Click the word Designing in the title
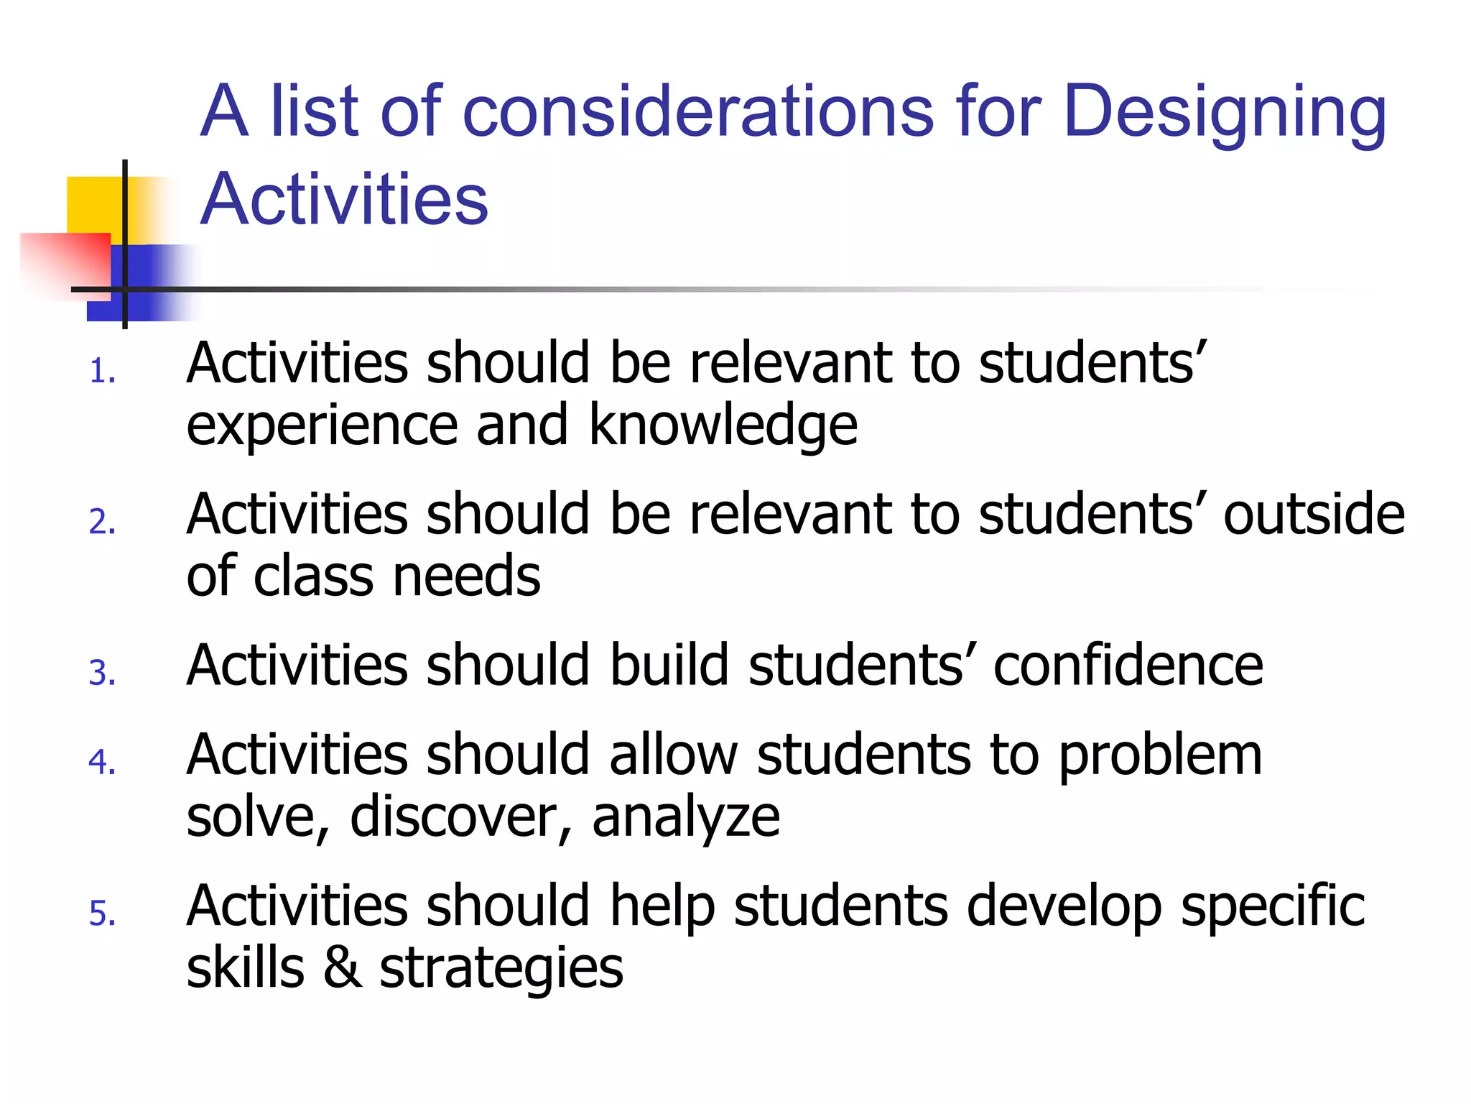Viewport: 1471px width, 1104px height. pyautogui.click(x=1224, y=114)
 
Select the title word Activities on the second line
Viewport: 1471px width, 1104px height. pyautogui.click(x=344, y=199)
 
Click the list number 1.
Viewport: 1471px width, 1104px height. pyautogui.click(x=102, y=372)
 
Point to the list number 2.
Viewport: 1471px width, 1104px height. pyautogui.click(x=102, y=522)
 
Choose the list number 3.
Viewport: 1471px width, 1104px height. pyautogui.click(x=102, y=673)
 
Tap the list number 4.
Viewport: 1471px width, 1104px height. pyautogui.click(x=102, y=762)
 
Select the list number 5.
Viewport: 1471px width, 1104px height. pyautogui.click(x=102, y=914)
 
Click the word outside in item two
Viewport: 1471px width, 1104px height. pyautogui.click(x=1314, y=515)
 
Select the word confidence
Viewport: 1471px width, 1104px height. pyautogui.click(x=1128, y=666)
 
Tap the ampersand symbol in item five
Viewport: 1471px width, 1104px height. pyautogui.click(x=342, y=968)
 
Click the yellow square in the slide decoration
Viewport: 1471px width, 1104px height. pyautogui.click(x=93, y=204)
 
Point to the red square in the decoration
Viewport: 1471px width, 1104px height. pyautogui.click(x=65, y=262)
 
